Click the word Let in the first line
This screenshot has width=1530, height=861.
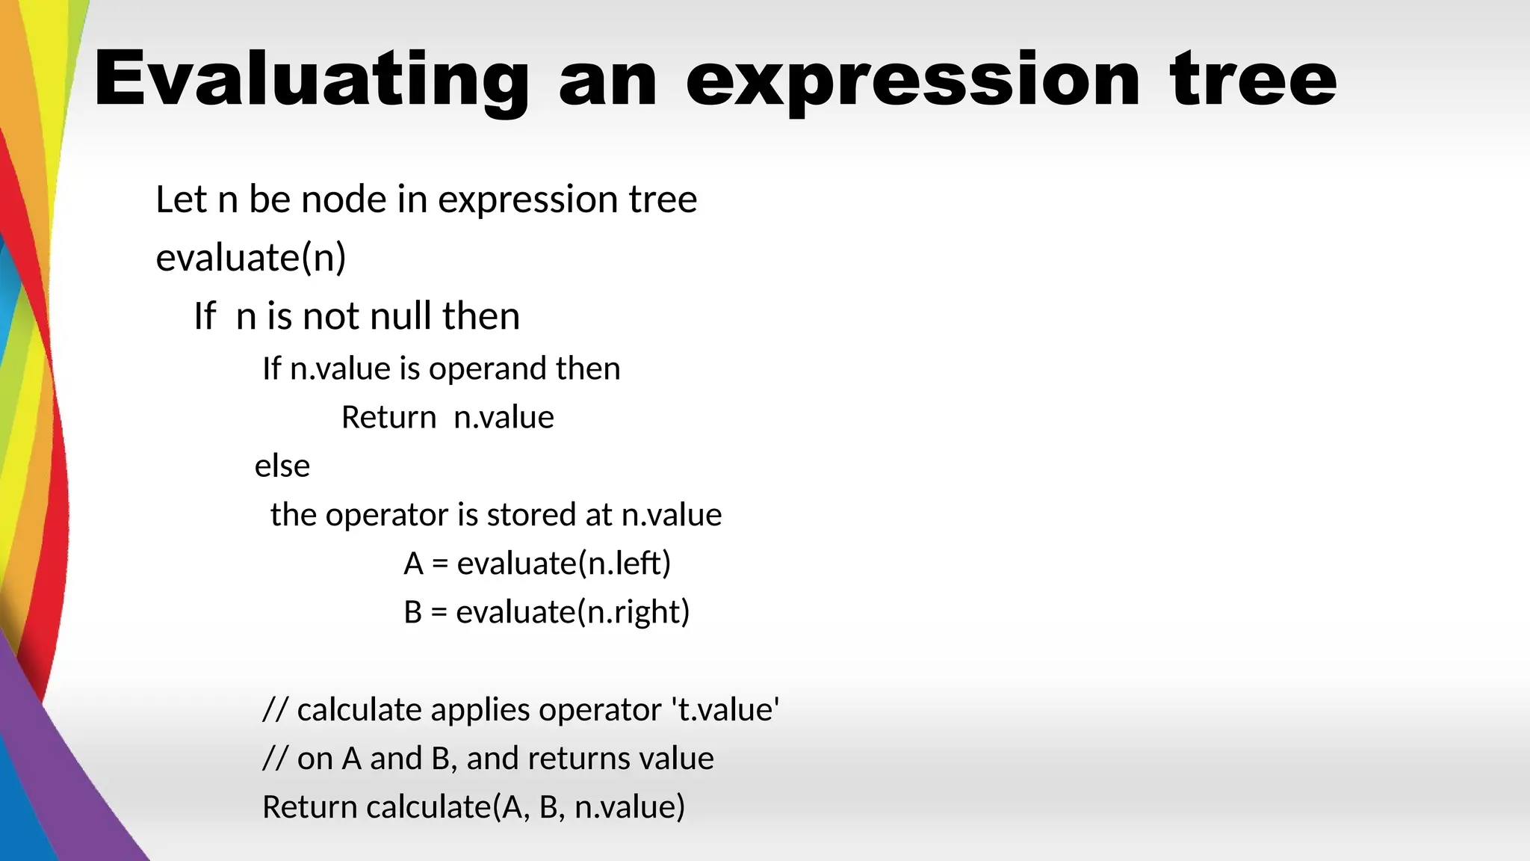tap(181, 200)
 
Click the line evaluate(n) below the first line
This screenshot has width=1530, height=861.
tap(251, 258)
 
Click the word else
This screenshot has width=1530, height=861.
tap(282, 466)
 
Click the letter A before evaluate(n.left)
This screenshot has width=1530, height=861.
tap(413, 564)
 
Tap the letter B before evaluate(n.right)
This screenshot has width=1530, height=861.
tap(413, 612)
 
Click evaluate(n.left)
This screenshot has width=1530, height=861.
tap(564, 564)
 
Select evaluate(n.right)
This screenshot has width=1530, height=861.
tap(573, 612)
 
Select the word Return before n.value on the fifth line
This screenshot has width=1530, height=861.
tap(388, 417)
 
